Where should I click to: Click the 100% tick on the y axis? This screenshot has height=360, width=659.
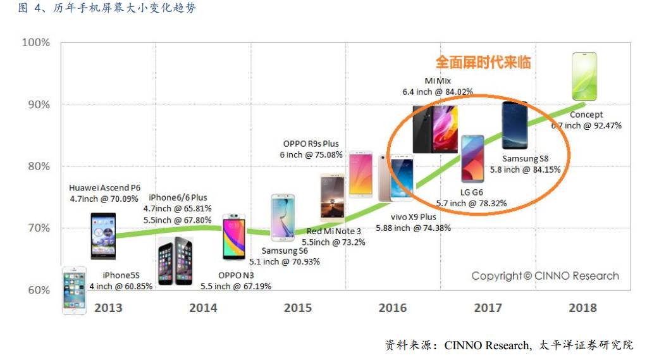[x=36, y=42]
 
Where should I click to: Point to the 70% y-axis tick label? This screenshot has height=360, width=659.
[x=37, y=228]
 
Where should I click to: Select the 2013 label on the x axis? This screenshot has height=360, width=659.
[x=108, y=308]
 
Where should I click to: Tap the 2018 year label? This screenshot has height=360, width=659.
[x=582, y=308]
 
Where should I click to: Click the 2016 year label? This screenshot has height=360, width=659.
[x=393, y=308]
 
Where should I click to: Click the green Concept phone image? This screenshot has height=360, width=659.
[x=584, y=77]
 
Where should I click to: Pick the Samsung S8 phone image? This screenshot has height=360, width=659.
[x=515, y=125]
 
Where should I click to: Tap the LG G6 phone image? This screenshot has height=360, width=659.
[x=472, y=159]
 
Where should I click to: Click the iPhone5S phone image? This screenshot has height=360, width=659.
[x=74, y=289]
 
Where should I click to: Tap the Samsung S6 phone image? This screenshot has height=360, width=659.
[x=283, y=217]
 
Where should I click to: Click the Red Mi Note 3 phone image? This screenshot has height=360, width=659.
[x=331, y=196]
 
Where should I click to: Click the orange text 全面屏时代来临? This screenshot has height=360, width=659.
[x=483, y=62]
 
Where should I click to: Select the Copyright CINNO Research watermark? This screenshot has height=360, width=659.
[x=545, y=276]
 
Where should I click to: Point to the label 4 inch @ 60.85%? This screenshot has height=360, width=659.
[x=121, y=286]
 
